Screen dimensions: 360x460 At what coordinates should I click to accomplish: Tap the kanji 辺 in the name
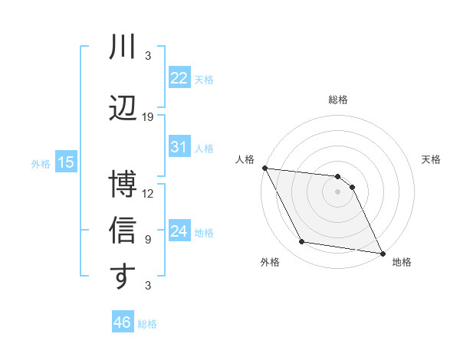(123, 107)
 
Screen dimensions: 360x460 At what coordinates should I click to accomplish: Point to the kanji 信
(123, 231)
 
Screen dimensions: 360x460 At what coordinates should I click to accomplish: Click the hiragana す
(123, 277)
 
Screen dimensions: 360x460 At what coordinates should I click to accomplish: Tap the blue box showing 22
(179, 79)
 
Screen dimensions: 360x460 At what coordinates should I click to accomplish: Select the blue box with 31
(179, 148)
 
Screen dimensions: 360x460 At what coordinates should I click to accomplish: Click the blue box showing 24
(179, 231)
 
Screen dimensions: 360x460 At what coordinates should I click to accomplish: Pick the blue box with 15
(65, 162)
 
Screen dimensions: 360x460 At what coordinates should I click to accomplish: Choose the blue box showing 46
(123, 322)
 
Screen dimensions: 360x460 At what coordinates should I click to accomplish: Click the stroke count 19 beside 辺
(148, 117)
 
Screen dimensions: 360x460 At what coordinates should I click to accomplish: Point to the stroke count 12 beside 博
(148, 193)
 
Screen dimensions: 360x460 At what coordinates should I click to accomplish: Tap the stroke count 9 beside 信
(148, 240)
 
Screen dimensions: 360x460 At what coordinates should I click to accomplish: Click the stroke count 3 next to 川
(148, 56)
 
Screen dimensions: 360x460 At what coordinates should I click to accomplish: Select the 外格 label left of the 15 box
(40, 163)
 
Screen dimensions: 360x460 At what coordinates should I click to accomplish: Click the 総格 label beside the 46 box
(147, 324)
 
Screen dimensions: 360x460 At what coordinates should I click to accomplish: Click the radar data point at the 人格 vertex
(264, 168)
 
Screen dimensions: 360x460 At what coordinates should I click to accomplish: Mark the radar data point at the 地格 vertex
(381, 252)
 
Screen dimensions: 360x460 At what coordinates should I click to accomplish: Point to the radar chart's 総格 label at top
(338, 100)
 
